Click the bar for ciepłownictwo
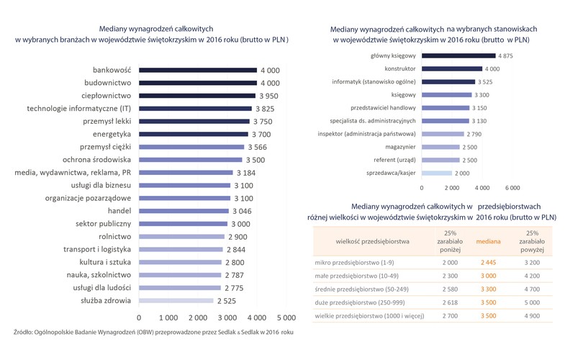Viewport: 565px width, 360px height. tap(196, 96)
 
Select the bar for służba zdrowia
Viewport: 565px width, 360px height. tap(176, 300)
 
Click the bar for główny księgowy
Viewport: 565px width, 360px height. tap(458, 55)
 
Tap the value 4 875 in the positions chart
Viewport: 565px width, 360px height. tap(506, 55)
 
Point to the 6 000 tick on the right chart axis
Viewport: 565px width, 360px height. tap(512, 187)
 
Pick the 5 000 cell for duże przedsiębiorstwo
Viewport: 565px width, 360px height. tap(533, 302)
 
